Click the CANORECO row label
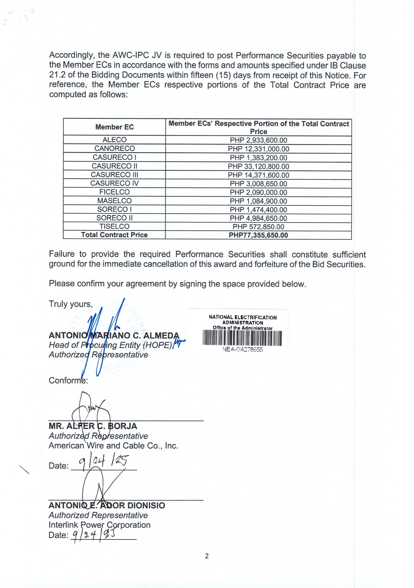[x=114, y=148]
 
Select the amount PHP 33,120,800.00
[x=258, y=166]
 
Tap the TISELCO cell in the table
[x=114, y=226]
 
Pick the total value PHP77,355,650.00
[x=258, y=235]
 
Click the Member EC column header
[x=114, y=127]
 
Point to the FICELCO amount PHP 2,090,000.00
[x=258, y=192]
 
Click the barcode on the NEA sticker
[x=242, y=338]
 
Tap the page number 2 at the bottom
[x=207, y=556]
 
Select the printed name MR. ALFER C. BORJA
[x=93, y=426]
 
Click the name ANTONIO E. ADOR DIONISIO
[x=107, y=505]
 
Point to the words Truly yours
[x=70, y=304]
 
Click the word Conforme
[x=68, y=380]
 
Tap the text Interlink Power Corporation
[x=99, y=525]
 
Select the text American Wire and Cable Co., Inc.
[x=113, y=446]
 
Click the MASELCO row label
[x=114, y=201]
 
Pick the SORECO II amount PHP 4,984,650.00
[x=258, y=218]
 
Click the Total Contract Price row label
[x=114, y=235]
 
